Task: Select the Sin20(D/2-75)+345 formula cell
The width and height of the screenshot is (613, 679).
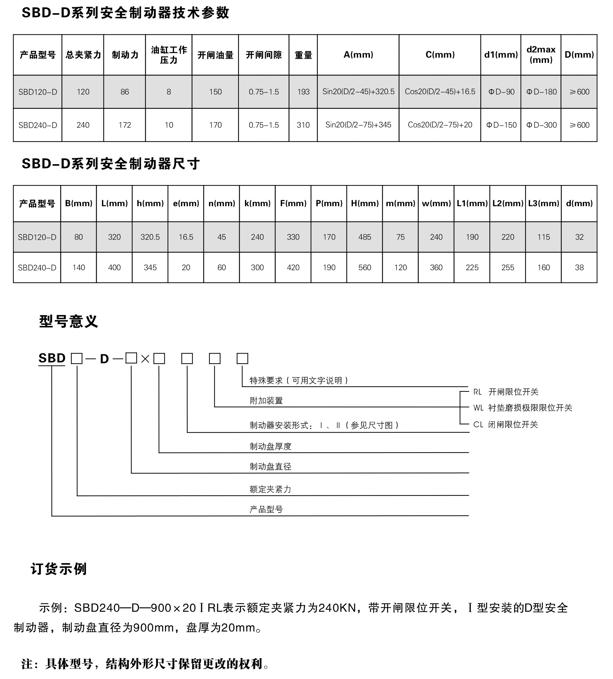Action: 358,125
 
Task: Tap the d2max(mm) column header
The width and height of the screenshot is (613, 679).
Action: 540,55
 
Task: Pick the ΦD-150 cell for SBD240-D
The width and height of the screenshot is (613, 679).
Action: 501,125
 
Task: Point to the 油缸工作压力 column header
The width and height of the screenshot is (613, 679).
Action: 169,55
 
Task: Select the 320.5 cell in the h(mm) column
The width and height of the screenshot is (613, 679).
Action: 150,237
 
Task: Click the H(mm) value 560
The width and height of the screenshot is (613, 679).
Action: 364,268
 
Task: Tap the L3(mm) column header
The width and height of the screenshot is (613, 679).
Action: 543,203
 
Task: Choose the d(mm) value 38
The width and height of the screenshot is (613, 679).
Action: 579,268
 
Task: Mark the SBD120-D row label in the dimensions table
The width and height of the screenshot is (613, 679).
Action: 37,237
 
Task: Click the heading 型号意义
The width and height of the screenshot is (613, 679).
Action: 68,322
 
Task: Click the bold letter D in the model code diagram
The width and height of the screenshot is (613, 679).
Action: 104,359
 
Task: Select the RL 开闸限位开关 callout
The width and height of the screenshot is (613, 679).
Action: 506,392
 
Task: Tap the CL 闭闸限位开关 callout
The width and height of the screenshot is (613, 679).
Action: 505,424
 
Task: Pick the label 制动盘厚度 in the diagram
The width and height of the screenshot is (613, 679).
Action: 271,446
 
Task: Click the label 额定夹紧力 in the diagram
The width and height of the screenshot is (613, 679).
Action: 270,489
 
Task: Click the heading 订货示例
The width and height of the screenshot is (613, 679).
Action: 59,569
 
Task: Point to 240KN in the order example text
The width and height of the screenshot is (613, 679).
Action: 337,608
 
